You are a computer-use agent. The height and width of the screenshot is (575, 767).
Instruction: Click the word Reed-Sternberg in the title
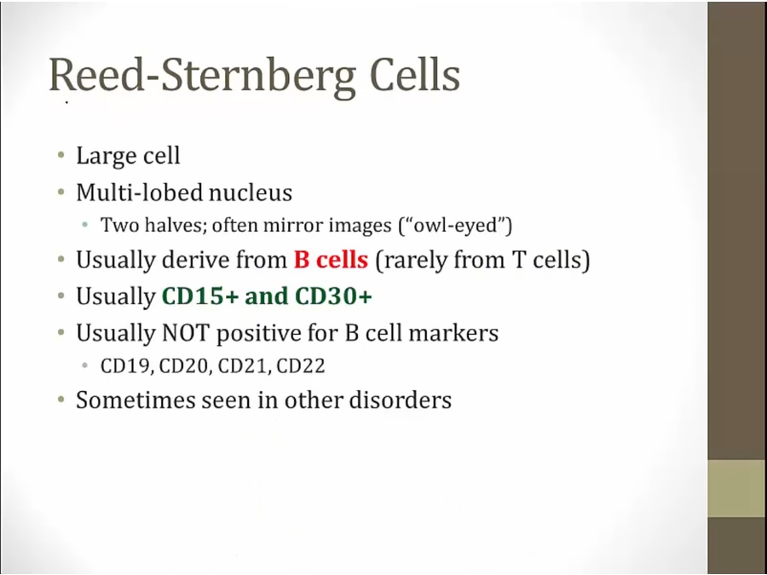pos(202,76)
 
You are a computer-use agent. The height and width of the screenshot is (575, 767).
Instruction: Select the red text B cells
pos(331,259)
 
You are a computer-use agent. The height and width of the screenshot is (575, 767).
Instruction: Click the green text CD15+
pos(200,296)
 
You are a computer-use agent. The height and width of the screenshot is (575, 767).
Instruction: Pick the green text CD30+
pos(333,296)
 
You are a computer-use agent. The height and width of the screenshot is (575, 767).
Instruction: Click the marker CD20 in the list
pos(184,366)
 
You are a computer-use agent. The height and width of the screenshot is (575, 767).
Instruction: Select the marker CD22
pos(300,366)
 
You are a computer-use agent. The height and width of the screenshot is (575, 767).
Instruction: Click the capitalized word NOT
pos(186,333)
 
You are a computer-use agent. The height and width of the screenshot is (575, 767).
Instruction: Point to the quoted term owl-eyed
pos(455,226)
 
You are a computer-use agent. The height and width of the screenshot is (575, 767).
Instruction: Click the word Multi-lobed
pos(140,193)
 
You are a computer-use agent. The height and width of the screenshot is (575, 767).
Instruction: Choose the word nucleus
pos(251,193)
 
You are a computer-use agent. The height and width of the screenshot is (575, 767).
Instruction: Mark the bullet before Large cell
pos(61,156)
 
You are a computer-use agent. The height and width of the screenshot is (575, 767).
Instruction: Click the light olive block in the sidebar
pos(737,488)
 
